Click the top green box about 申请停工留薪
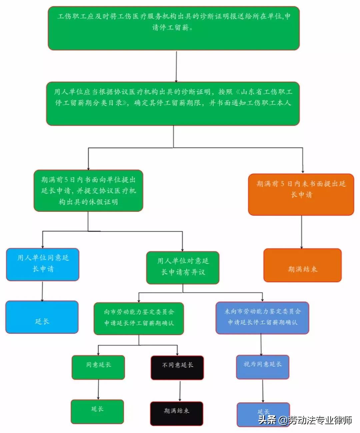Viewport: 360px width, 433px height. [x=174, y=28]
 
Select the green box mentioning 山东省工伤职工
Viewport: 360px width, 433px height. [x=173, y=104]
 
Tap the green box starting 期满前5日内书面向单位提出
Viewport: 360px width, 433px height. [x=88, y=191]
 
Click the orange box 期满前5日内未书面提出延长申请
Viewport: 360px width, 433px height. [x=301, y=194]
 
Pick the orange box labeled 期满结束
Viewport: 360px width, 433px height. [x=302, y=265]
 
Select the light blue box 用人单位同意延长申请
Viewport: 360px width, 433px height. [x=43, y=264]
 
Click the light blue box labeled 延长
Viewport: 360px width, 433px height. [x=42, y=317]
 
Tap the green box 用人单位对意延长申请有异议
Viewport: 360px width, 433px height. [x=183, y=268]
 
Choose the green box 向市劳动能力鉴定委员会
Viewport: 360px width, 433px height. [x=139, y=318]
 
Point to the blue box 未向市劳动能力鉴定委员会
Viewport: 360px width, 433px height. [x=262, y=318]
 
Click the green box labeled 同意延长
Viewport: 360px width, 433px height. [x=98, y=367]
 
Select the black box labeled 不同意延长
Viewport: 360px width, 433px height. [x=177, y=368]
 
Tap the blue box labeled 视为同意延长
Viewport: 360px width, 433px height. [x=262, y=367]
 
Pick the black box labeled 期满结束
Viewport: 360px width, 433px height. [x=176, y=413]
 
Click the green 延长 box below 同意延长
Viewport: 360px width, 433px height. [x=97, y=412]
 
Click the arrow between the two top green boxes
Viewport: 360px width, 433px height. [x=176, y=66]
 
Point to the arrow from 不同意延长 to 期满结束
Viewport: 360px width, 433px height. [x=180, y=391]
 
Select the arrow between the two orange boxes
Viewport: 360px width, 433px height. [x=302, y=232]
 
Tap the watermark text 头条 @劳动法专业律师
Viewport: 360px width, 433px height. [x=305, y=420]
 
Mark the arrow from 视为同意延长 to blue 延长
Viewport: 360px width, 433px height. [x=263, y=391]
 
